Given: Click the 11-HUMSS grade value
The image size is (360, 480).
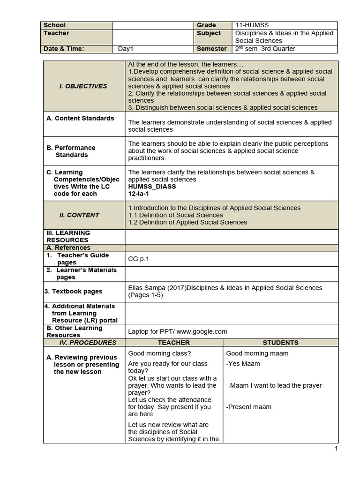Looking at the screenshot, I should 252,25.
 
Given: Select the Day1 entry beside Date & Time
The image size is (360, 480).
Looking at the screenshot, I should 126,49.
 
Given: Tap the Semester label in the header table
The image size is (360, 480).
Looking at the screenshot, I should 211,49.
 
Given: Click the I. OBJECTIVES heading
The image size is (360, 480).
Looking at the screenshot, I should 83,86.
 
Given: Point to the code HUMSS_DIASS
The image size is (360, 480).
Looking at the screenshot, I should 152,187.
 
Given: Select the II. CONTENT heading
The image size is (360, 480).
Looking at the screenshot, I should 79,215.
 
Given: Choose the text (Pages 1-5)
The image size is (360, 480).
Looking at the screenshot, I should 145,295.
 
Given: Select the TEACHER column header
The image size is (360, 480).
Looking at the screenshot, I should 173,343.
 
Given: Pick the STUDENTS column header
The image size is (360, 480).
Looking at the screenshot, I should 280,343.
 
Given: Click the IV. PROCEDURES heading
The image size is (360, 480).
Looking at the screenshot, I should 84,343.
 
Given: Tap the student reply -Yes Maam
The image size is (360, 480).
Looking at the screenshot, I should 243,364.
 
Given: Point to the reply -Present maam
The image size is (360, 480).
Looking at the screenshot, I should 248,407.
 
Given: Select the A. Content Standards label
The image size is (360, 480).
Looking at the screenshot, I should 80,119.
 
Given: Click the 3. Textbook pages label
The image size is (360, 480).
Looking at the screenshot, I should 73,292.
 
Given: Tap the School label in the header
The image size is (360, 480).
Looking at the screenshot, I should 54,25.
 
